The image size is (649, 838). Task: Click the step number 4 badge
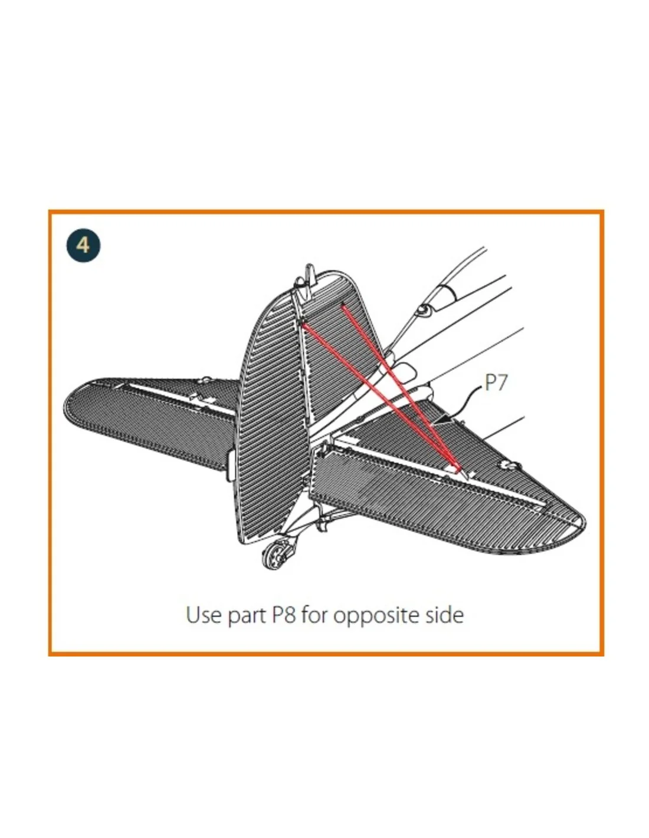(83, 245)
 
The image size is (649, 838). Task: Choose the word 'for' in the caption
(315, 615)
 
